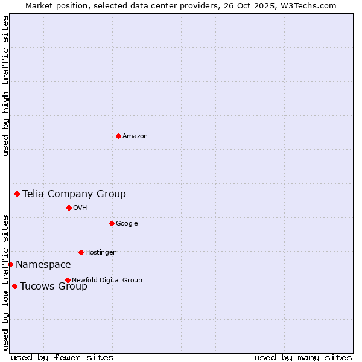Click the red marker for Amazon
click(x=118, y=136)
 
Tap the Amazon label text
click(x=135, y=136)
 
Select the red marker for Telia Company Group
click(x=17, y=194)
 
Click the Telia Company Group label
click(x=74, y=194)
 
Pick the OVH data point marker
click(x=69, y=208)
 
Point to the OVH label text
click(x=80, y=208)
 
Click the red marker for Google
click(x=112, y=223)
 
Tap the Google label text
click(x=127, y=224)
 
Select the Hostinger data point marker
click(x=81, y=252)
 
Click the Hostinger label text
click(x=100, y=253)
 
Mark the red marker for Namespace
click(x=10, y=264)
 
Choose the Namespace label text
click(x=43, y=265)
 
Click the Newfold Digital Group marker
click(x=68, y=280)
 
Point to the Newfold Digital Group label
click(x=107, y=280)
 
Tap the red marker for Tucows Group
click(x=14, y=286)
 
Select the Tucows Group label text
click(x=54, y=287)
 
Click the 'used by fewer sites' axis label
click(x=62, y=357)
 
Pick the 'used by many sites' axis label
click(x=303, y=357)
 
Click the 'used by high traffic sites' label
click(x=5, y=86)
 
